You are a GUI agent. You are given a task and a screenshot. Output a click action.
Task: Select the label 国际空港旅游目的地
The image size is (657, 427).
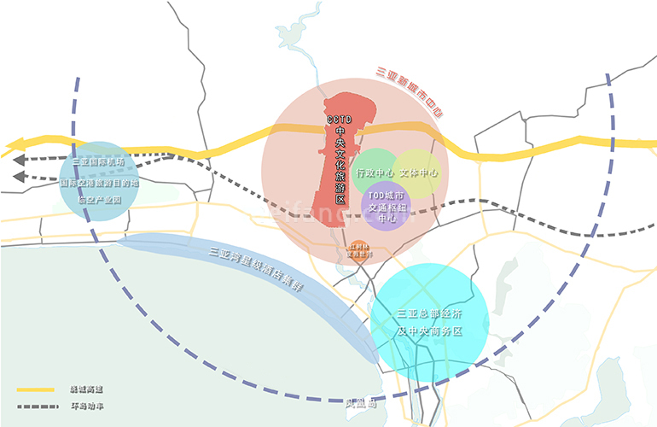pyautogui.click(x=99, y=182)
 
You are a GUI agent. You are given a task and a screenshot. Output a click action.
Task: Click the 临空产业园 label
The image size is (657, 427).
pyautogui.click(x=99, y=201)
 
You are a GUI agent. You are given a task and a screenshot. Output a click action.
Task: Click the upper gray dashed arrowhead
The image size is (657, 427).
pyautogui.click(x=18, y=159)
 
